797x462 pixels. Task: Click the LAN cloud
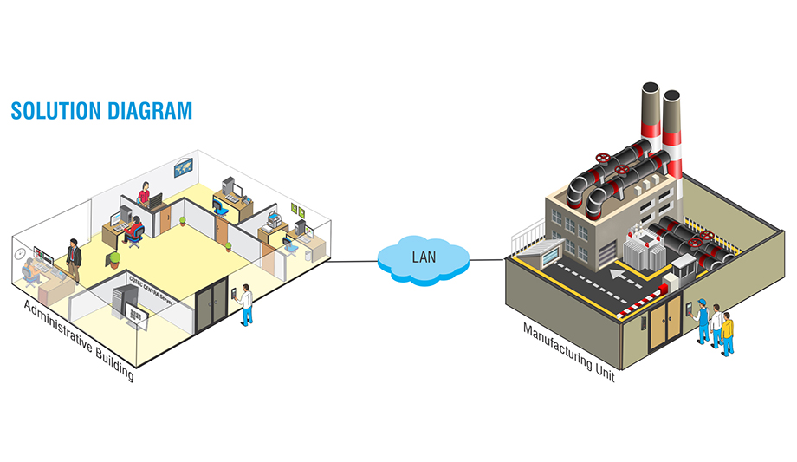423,257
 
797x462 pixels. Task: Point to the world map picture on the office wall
183,167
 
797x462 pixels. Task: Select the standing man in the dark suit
74,259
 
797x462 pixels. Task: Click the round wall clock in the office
19,253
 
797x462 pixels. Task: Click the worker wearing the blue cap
702,322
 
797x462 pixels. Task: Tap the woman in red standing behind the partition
145,194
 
